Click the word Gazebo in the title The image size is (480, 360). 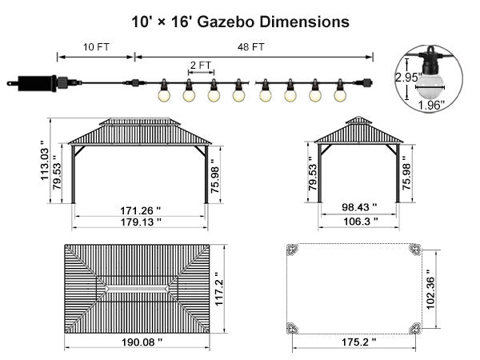point(226,22)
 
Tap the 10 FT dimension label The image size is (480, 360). point(96,47)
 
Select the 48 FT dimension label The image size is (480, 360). point(250,47)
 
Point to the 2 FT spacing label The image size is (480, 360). point(201,66)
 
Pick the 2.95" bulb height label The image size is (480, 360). point(409,77)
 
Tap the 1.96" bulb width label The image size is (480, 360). point(432,106)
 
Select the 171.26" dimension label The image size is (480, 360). point(140,211)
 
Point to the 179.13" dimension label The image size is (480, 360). point(141,222)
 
